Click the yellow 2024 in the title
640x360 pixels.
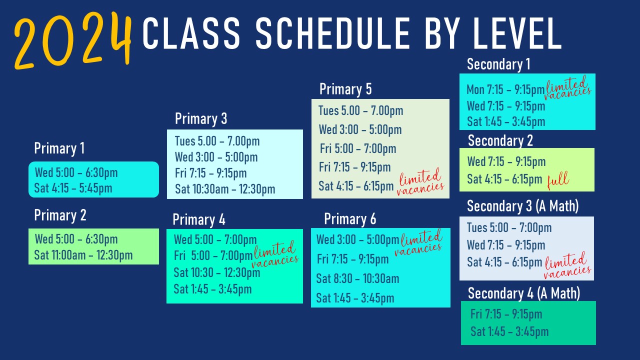coord(73,40)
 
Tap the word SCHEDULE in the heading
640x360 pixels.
coord(333,33)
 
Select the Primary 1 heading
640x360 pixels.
coord(59,148)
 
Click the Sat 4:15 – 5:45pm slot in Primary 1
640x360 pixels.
coord(73,188)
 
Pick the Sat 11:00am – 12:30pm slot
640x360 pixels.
coord(83,255)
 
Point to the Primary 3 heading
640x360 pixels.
coord(201,119)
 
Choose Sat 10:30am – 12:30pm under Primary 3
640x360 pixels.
coord(225,189)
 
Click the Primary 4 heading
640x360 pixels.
coord(199,219)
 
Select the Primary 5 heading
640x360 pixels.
coord(345,89)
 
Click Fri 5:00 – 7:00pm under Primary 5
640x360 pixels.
coord(357,148)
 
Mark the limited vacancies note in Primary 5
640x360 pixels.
coord(420,181)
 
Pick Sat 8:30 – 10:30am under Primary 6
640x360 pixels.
coord(357,278)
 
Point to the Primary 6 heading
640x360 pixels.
coord(350,219)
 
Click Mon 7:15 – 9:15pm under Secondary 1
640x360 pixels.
coord(505,89)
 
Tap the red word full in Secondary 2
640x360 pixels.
coord(558,180)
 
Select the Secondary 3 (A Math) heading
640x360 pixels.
coord(522,206)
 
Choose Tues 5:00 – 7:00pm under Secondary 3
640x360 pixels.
coord(509,227)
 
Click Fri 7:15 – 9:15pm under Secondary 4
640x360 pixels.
coord(506,314)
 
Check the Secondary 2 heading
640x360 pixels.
coord(500,141)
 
